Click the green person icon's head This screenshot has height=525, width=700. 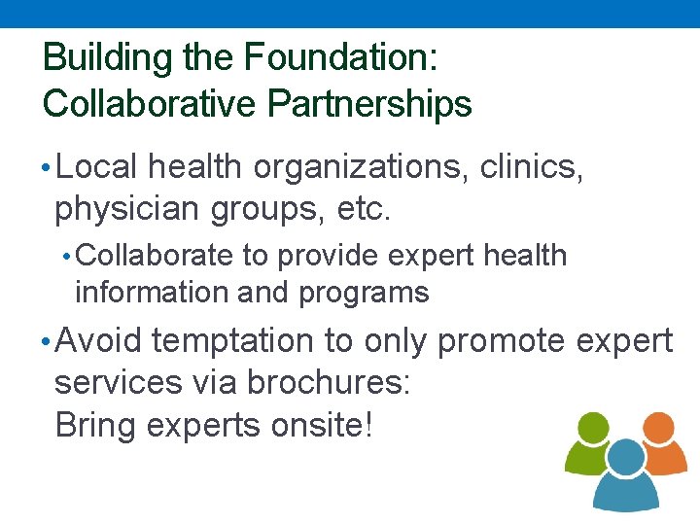pyautogui.click(x=593, y=428)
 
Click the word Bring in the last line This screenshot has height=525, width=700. pyautogui.click(x=95, y=426)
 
